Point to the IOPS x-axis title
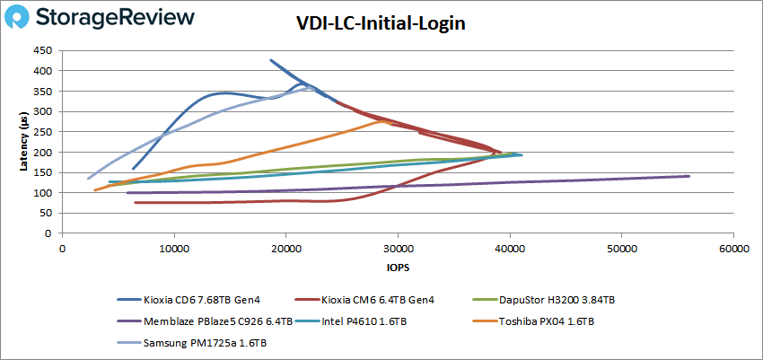coord(397,268)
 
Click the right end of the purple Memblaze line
coord(688,176)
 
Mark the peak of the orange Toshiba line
coord(383,120)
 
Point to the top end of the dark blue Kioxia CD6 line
coord(270,60)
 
